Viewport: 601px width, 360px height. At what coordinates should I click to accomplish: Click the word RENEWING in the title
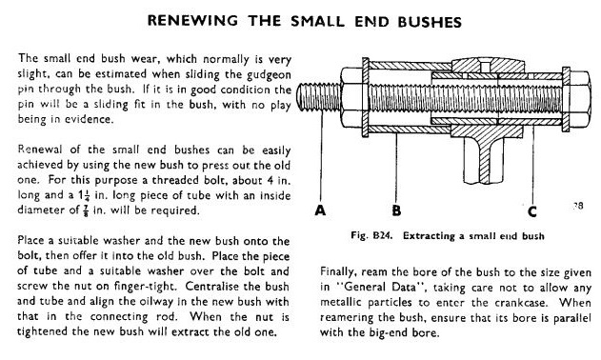(192, 21)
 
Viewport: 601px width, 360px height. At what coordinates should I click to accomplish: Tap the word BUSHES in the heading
(430, 22)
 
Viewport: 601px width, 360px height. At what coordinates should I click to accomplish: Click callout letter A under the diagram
(320, 210)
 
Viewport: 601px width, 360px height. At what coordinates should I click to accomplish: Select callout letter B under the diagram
(396, 210)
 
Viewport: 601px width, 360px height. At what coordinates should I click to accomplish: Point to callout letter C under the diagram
(532, 211)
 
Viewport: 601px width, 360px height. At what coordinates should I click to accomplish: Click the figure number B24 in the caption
(382, 235)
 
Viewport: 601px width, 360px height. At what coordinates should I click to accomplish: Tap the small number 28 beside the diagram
(578, 206)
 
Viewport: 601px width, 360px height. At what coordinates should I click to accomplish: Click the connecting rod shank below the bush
(484, 160)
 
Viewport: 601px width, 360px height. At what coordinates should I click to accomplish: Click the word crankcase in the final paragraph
(519, 303)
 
